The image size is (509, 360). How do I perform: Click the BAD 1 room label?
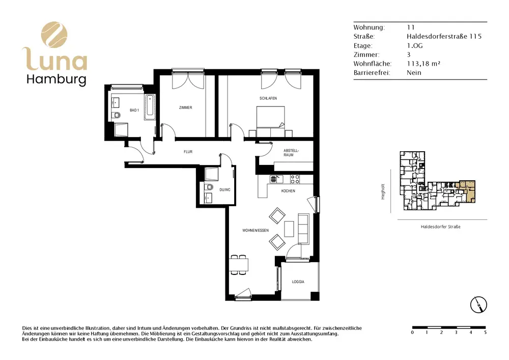[x=134, y=110]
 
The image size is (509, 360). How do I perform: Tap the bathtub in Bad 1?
[x=150, y=107]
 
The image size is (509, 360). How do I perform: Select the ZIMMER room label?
[x=186, y=107]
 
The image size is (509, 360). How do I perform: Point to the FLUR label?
[x=188, y=152]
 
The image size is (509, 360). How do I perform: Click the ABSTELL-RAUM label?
[x=291, y=153]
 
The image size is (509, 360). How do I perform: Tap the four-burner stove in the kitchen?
[x=295, y=179]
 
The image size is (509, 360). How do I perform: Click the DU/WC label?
[x=224, y=189]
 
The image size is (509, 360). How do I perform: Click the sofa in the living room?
[x=303, y=229]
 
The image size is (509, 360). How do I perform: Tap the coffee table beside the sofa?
[x=289, y=229]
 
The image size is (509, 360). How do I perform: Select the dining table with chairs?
[x=239, y=265]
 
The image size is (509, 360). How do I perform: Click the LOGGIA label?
[x=298, y=282]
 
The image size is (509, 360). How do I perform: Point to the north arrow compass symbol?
[x=479, y=305]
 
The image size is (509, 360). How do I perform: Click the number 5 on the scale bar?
[x=485, y=332]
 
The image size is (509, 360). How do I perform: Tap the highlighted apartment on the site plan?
[x=467, y=190]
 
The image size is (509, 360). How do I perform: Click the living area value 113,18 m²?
[x=423, y=64]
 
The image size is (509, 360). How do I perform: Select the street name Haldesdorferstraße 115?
[x=444, y=36]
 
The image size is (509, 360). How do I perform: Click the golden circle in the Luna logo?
[x=54, y=35]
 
